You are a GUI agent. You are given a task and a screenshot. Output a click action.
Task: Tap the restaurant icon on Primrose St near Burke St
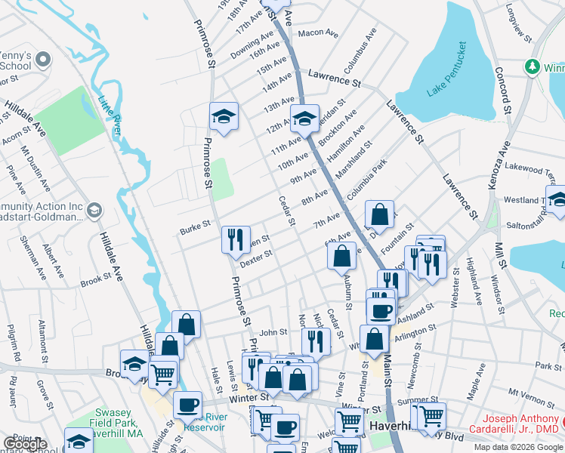[x=236, y=240]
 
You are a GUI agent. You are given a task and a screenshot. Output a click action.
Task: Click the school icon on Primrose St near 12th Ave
[x=224, y=116]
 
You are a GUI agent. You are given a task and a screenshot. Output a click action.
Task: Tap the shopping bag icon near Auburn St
[x=342, y=256]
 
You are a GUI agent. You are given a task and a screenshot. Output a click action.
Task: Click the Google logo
[x=25, y=445]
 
